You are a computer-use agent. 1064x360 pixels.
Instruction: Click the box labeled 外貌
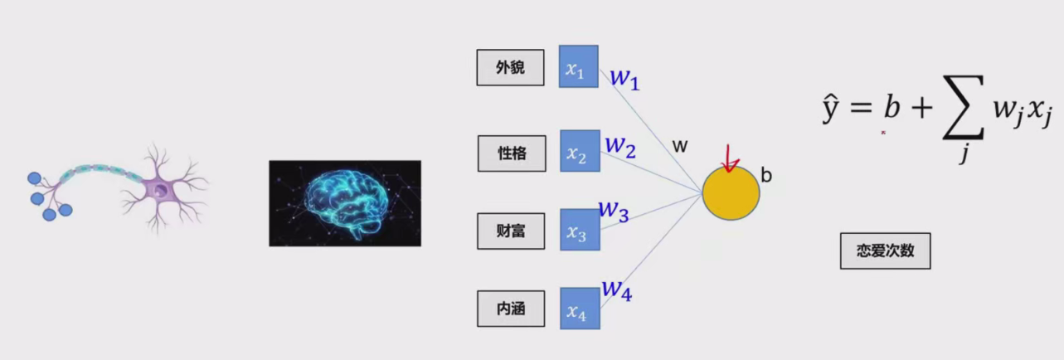(x=510, y=68)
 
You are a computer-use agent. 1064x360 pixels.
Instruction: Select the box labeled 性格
(x=512, y=153)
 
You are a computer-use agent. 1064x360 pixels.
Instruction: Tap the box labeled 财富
(x=510, y=231)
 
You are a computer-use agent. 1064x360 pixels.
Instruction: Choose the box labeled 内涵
(x=510, y=309)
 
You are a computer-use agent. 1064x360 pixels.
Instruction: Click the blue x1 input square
(x=578, y=66)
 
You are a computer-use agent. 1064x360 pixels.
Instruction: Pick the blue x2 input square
(x=579, y=150)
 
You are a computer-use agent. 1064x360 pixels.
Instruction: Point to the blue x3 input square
(x=579, y=229)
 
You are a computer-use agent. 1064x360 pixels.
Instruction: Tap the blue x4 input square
(x=579, y=308)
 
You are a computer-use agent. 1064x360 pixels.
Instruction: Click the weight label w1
(x=625, y=79)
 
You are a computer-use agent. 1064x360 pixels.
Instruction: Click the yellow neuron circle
(x=731, y=193)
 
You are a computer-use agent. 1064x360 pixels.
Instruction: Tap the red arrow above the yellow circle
(x=730, y=158)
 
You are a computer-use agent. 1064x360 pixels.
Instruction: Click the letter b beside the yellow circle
(x=766, y=176)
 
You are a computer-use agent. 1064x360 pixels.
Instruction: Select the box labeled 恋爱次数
(x=885, y=251)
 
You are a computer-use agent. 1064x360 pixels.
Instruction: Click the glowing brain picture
(x=345, y=203)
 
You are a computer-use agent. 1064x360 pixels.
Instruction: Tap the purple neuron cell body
(x=159, y=192)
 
